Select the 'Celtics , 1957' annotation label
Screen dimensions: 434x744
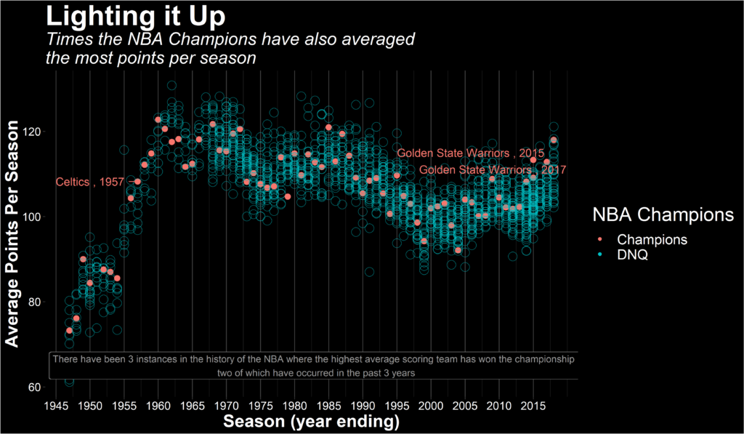(x=90, y=182)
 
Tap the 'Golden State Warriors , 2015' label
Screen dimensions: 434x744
(x=471, y=153)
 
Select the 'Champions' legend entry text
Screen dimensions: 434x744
(x=652, y=239)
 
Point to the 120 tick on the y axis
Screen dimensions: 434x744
(x=34, y=132)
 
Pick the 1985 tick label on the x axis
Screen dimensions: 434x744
(x=328, y=405)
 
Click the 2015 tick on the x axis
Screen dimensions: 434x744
(x=533, y=405)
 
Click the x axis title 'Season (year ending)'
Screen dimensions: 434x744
(x=312, y=422)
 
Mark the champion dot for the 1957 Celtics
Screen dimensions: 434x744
(x=137, y=182)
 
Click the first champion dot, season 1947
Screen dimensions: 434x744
(x=70, y=331)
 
